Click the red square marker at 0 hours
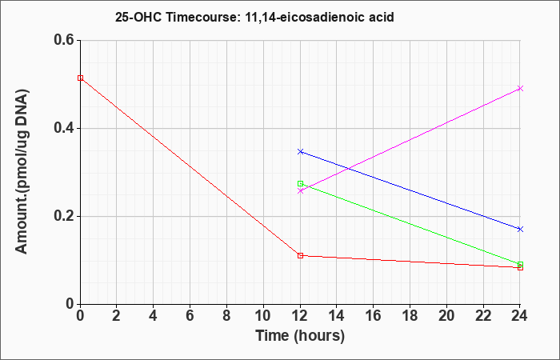pyautogui.click(x=80, y=78)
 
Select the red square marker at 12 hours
pyautogui.click(x=300, y=255)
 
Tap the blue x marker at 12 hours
pyautogui.click(x=300, y=152)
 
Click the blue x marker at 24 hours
pyautogui.click(x=520, y=229)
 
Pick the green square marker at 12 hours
pyautogui.click(x=300, y=183)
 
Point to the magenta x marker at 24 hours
pyautogui.click(x=520, y=88)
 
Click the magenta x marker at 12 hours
pyautogui.click(x=300, y=190)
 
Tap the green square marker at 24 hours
pyautogui.click(x=520, y=264)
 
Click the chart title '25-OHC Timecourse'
pyautogui.click(x=178, y=17)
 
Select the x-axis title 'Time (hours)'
pyautogui.click(x=300, y=336)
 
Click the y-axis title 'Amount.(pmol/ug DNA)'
pyautogui.click(x=22, y=172)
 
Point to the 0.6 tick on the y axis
pyautogui.click(x=64, y=40)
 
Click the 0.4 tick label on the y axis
pyautogui.click(x=64, y=128)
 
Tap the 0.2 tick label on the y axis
pyautogui.click(x=64, y=216)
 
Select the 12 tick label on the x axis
pyautogui.click(x=300, y=316)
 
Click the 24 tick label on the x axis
pyautogui.click(x=520, y=316)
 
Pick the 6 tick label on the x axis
pyautogui.click(x=190, y=316)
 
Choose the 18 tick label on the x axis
pyautogui.click(x=410, y=316)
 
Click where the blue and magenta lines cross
pyautogui.click(x=347, y=168)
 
